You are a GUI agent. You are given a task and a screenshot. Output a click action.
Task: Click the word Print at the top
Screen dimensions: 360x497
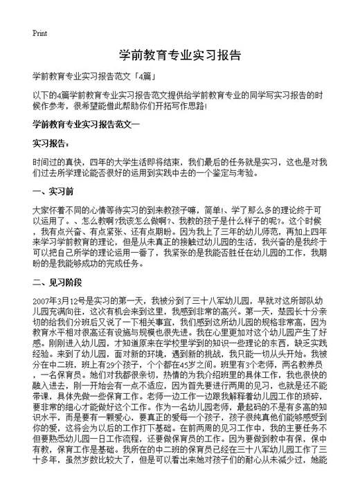click(x=39, y=33)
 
